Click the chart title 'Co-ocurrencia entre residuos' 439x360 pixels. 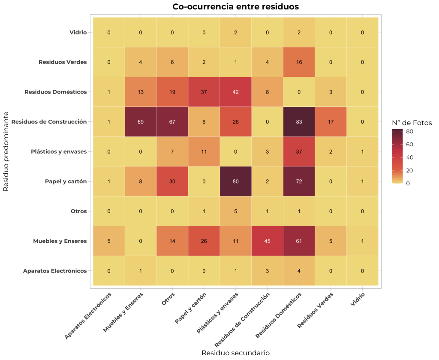(x=235, y=6)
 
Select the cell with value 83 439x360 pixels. (x=299, y=122)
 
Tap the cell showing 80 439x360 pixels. (x=235, y=182)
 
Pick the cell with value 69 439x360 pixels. (x=141, y=122)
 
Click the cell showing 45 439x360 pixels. (x=267, y=241)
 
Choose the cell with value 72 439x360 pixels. (x=299, y=182)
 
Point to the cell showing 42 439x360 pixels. (x=235, y=92)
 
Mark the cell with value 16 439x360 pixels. (x=299, y=62)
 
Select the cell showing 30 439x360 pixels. (x=172, y=182)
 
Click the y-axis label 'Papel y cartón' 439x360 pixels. (x=66, y=182)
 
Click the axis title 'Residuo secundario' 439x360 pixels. (x=235, y=353)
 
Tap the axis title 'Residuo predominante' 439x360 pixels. (x=6, y=151)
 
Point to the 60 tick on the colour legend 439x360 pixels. (x=409, y=144)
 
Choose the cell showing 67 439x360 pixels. (x=172, y=122)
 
